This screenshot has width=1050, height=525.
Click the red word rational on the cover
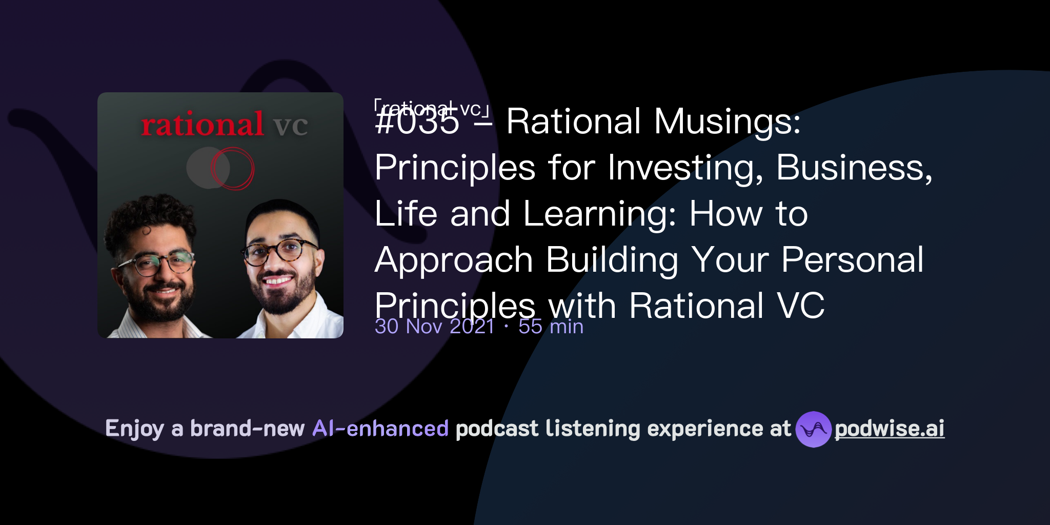tap(202, 125)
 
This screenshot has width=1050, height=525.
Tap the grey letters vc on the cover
tap(290, 126)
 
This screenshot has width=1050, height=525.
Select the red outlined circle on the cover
tap(233, 169)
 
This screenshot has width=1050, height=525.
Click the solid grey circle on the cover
tap(203, 168)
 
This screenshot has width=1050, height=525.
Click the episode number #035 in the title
tap(417, 122)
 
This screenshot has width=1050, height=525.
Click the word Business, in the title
tap(854, 168)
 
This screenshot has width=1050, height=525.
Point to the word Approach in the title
tap(454, 260)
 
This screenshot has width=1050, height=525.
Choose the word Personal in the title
tap(852, 260)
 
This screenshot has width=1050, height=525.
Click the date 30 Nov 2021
tap(434, 327)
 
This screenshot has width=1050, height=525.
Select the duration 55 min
tap(551, 327)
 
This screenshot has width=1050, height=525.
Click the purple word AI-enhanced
tap(380, 429)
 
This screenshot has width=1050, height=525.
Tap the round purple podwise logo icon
tap(813, 429)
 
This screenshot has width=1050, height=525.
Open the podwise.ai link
tap(890, 429)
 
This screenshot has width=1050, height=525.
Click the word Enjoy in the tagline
tap(134, 429)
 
